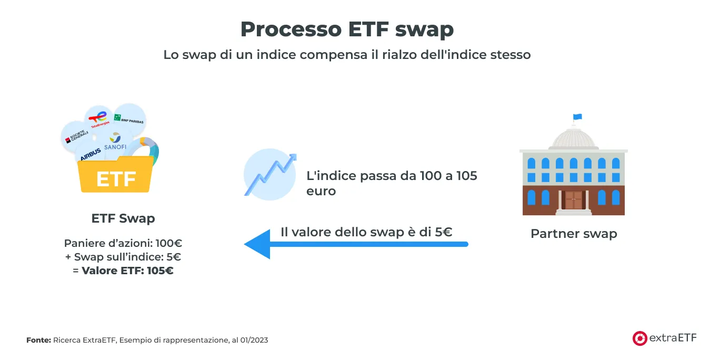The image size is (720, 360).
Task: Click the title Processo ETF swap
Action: (347, 29)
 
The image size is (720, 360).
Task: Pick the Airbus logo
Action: (91, 154)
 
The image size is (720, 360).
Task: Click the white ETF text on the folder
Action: (116, 179)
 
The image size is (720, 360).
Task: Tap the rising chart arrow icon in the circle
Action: (270, 174)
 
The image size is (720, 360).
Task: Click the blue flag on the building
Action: (577, 117)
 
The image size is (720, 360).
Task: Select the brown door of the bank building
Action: (574, 200)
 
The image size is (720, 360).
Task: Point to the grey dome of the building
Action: (573, 138)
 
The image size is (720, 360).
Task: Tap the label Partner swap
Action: (573, 234)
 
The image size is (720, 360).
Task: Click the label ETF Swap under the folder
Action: (123, 218)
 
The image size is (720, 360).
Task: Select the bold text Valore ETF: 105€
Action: (127, 271)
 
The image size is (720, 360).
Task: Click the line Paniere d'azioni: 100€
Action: (123, 243)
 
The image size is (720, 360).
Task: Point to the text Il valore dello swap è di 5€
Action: (366, 232)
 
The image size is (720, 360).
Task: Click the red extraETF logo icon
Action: (639, 338)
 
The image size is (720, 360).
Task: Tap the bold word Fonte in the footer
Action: (38, 340)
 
